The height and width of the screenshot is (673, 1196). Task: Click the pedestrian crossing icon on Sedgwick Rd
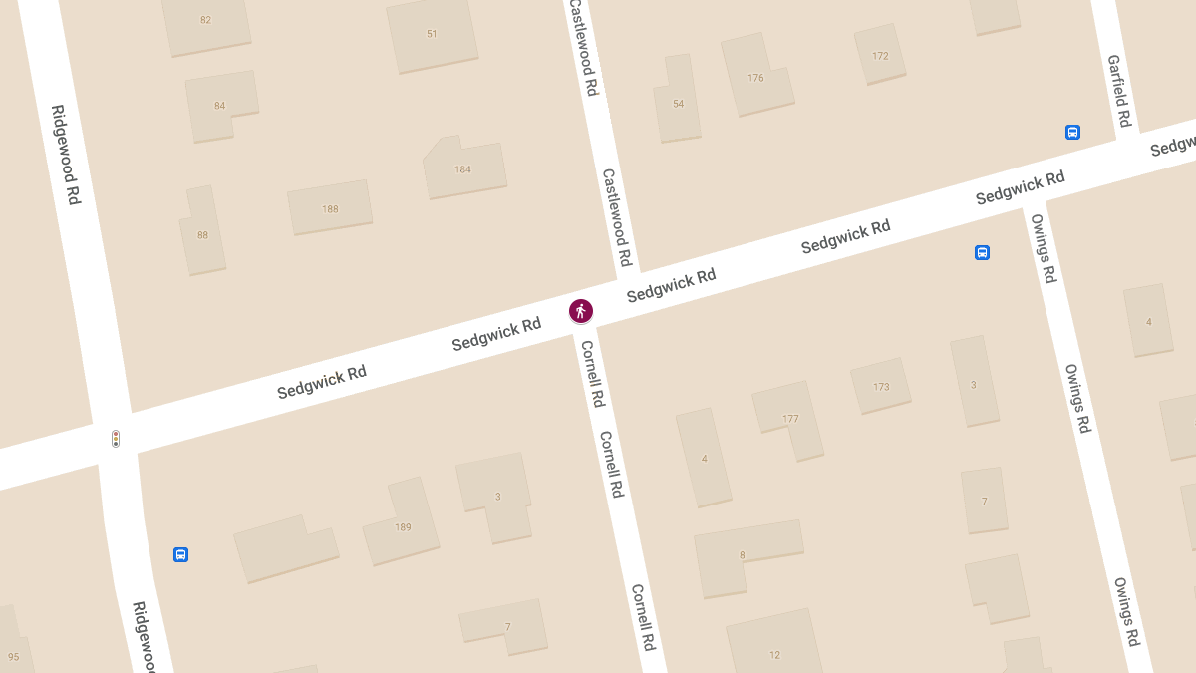coord(581,311)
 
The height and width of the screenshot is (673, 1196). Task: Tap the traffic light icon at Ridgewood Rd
coord(116,438)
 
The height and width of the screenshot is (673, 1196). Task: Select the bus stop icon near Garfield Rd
coord(1072,132)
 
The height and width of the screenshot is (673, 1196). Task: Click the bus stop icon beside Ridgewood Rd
coord(180,554)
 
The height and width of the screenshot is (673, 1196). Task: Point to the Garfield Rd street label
coord(1119,91)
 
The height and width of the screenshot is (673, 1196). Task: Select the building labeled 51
coord(432,34)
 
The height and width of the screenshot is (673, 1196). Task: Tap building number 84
coord(219,106)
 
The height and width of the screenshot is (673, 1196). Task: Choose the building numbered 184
coord(462,169)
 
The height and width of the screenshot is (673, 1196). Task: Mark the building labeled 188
coord(330,209)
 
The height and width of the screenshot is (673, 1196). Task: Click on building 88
coord(202,235)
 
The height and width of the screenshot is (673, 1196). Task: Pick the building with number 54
coord(678,104)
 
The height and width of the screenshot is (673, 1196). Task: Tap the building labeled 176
coord(755,78)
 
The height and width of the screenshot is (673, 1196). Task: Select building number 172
coord(880,56)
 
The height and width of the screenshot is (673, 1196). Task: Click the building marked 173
coord(881,387)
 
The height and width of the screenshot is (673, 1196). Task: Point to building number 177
coord(790,419)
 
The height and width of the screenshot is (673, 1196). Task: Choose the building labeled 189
coord(403,527)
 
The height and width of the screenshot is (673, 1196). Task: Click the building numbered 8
coord(743,555)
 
